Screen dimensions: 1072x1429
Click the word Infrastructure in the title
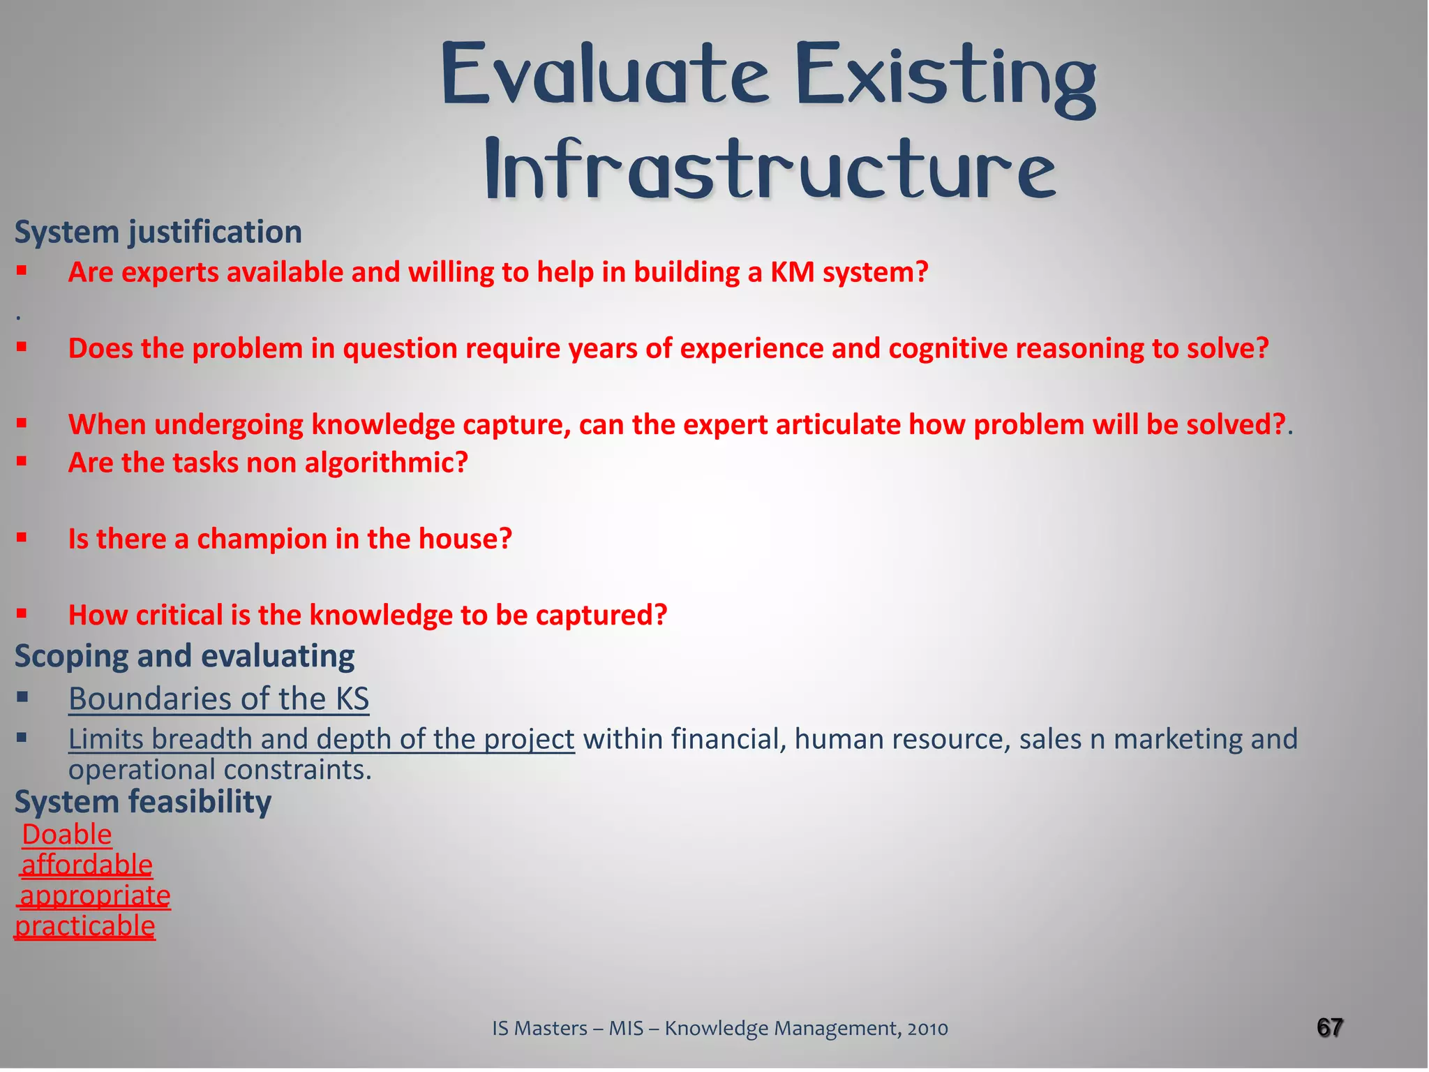(x=770, y=170)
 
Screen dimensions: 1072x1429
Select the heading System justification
(x=158, y=232)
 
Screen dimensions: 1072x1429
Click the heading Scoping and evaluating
(x=185, y=656)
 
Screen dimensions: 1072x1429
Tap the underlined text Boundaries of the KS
(x=218, y=699)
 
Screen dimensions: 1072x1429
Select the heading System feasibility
(x=143, y=802)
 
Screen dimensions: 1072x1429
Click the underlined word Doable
(x=67, y=835)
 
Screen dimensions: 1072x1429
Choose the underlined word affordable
(x=87, y=865)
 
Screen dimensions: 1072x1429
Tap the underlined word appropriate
(x=95, y=896)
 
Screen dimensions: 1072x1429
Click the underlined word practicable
(x=85, y=927)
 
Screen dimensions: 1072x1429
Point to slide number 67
(x=1329, y=1027)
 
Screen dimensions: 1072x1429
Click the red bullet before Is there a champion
(x=22, y=537)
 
